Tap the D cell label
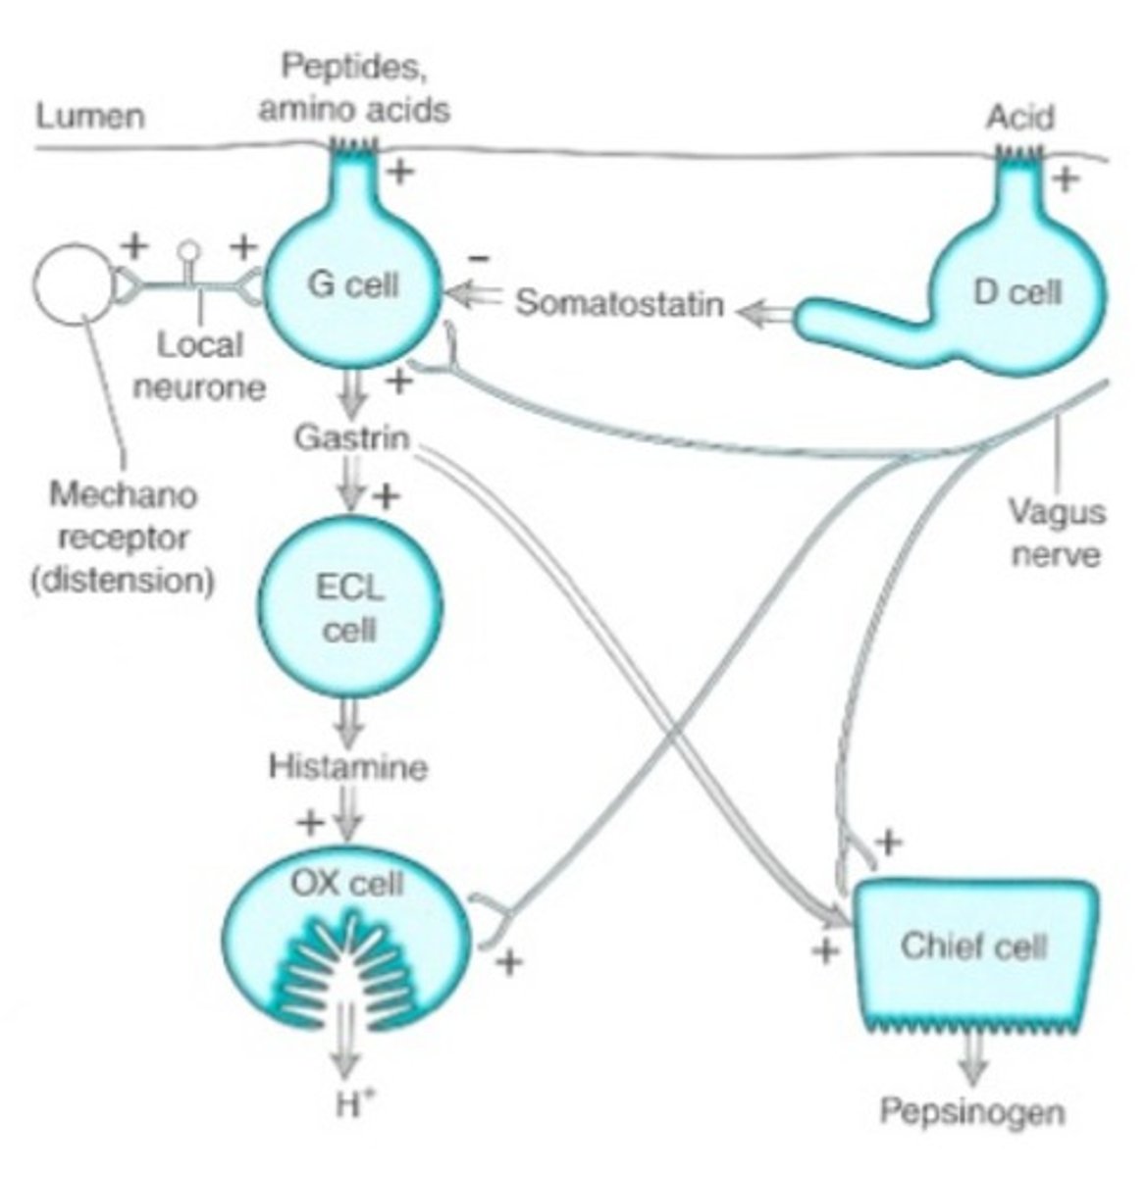1017,291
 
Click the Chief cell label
973,947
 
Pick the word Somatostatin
620,304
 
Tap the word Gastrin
351,437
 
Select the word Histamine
348,765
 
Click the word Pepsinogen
971,1112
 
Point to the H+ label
348,1105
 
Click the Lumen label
90,116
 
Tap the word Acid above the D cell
1020,118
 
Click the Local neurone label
199,365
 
